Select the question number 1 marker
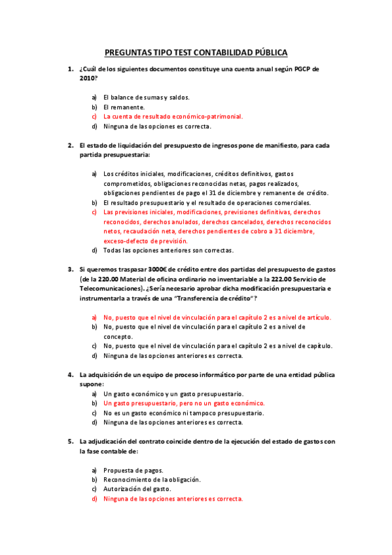(x=71, y=69)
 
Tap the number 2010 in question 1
(x=86, y=78)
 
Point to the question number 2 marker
(x=71, y=145)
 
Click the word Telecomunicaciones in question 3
(x=111, y=288)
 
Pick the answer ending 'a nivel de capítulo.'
(x=218, y=346)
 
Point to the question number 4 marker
(x=71, y=374)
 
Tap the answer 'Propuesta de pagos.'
(x=134, y=470)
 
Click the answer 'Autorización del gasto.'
(x=137, y=489)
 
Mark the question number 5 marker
(x=71, y=442)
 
